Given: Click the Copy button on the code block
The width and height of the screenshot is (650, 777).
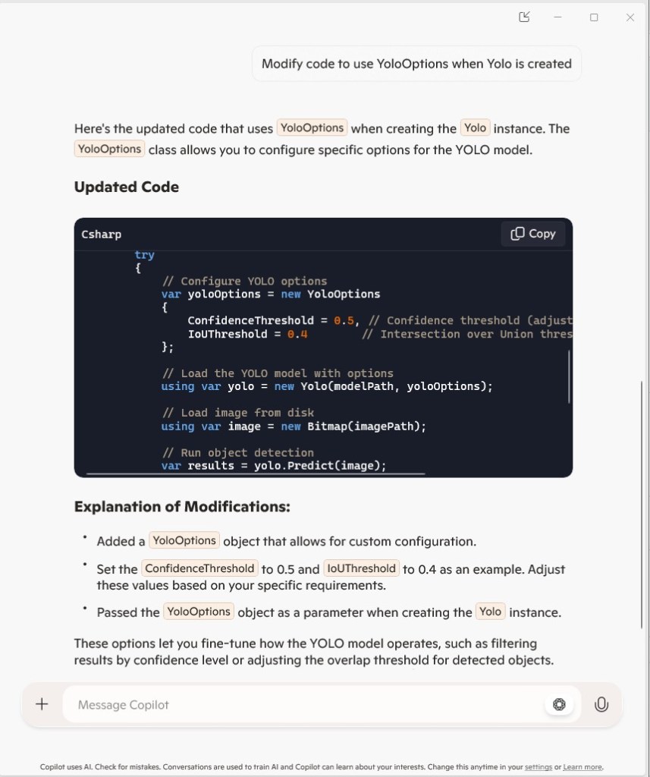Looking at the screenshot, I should click(x=533, y=234).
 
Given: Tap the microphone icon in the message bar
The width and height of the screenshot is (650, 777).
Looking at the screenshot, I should click(x=601, y=704).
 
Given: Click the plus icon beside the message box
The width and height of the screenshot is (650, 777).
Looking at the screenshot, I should click(x=42, y=704).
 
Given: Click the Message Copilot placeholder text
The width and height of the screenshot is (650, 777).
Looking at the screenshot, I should click(x=124, y=705).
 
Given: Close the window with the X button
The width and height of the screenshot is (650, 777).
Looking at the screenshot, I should click(x=630, y=17).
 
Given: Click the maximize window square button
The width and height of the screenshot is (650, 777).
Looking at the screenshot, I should click(x=594, y=17).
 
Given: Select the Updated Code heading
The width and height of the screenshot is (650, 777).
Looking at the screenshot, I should click(x=127, y=187).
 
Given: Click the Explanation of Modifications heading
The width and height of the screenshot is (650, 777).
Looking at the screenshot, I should click(x=182, y=506).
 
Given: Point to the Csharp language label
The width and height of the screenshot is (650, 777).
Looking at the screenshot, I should click(x=102, y=234).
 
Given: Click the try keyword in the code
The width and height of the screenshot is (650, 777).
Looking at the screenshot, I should click(x=144, y=255).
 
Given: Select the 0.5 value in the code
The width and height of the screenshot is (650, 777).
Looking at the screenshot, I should click(x=344, y=320).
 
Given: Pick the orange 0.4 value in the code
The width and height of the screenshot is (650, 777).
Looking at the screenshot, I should click(x=297, y=334).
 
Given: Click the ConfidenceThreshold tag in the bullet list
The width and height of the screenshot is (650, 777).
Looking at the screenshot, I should click(x=199, y=568).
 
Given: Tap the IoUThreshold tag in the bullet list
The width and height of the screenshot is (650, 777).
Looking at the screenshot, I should click(x=361, y=568).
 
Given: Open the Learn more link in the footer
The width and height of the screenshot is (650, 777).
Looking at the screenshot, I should click(x=582, y=767).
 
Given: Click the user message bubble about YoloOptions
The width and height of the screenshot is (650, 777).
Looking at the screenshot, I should click(x=416, y=64).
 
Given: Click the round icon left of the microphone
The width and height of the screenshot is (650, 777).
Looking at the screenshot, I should click(x=559, y=704).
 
